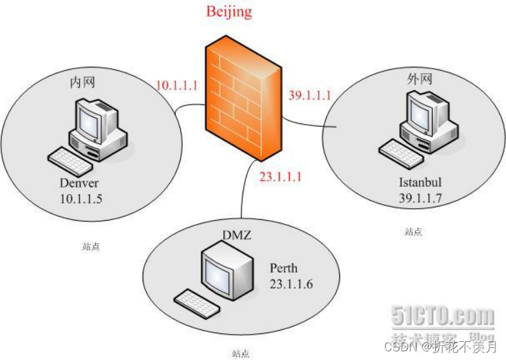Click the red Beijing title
[x=229, y=11]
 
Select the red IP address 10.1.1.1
[x=177, y=85]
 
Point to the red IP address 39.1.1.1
[x=309, y=95]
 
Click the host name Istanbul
[x=419, y=182]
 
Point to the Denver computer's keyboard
[x=70, y=160]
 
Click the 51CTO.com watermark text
[x=443, y=315]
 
